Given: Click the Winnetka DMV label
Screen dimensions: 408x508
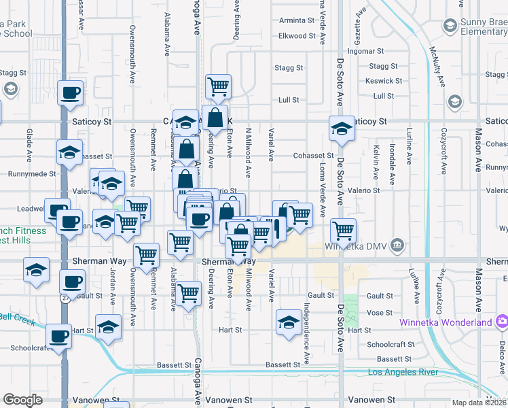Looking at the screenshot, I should click(361, 245).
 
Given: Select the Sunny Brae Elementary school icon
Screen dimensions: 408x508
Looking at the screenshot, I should click(449, 26).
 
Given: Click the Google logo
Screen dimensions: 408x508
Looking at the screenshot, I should click(22, 400).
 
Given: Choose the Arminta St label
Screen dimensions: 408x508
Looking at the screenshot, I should click(297, 20).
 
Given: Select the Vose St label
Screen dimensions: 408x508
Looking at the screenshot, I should click(379, 312).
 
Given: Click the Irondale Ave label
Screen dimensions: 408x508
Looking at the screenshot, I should click(392, 164).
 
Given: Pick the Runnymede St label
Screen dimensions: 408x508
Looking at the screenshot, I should click(31, 174).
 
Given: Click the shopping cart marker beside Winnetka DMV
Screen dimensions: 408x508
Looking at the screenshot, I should click(344, 230).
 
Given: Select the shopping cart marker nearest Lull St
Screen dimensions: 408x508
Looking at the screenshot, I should click(219, 86).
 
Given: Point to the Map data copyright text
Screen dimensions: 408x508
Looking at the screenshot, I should click(479, 402).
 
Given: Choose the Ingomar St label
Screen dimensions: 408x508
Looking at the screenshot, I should click(366, 51).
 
